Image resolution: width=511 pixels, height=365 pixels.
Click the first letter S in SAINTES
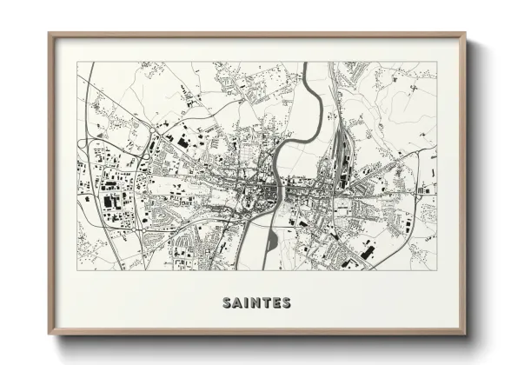(x=226, y=303)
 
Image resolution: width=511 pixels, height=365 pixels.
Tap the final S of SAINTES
(x=288, y=303)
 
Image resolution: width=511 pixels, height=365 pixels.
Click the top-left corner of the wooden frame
(x=49, y=34)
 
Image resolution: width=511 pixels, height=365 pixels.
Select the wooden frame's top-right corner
(x=466, y=34)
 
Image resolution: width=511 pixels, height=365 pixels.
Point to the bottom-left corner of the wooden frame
(x=49, y=335)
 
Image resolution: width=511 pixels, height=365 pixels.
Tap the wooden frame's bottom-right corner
(x=466, y=335)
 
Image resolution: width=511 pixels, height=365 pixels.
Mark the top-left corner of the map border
(x=77, y=62)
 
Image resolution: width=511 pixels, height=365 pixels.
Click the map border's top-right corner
(x=436, y=62)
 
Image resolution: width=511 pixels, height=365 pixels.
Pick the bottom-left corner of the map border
(x=77, y=269)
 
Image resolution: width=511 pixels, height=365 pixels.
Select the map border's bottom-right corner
(x=436, y=269)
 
